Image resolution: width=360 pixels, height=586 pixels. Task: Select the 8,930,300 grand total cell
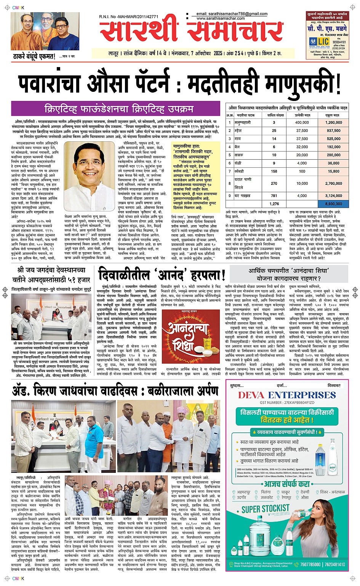click(333, 204)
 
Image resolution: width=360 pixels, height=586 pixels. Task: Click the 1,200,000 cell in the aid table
click(333, 123)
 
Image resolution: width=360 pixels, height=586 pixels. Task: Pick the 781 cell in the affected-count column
click(274, 196)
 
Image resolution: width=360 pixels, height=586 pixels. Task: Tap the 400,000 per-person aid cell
click(302, 123)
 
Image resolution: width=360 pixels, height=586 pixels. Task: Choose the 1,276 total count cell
click(274, 204)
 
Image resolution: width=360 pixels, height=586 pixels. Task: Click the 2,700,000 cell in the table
click(333, 184)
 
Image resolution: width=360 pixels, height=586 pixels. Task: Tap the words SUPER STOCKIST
click(266, 509)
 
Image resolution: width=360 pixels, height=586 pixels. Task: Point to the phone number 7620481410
click(335, 564)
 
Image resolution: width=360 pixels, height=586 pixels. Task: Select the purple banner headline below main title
click(118, 109)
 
